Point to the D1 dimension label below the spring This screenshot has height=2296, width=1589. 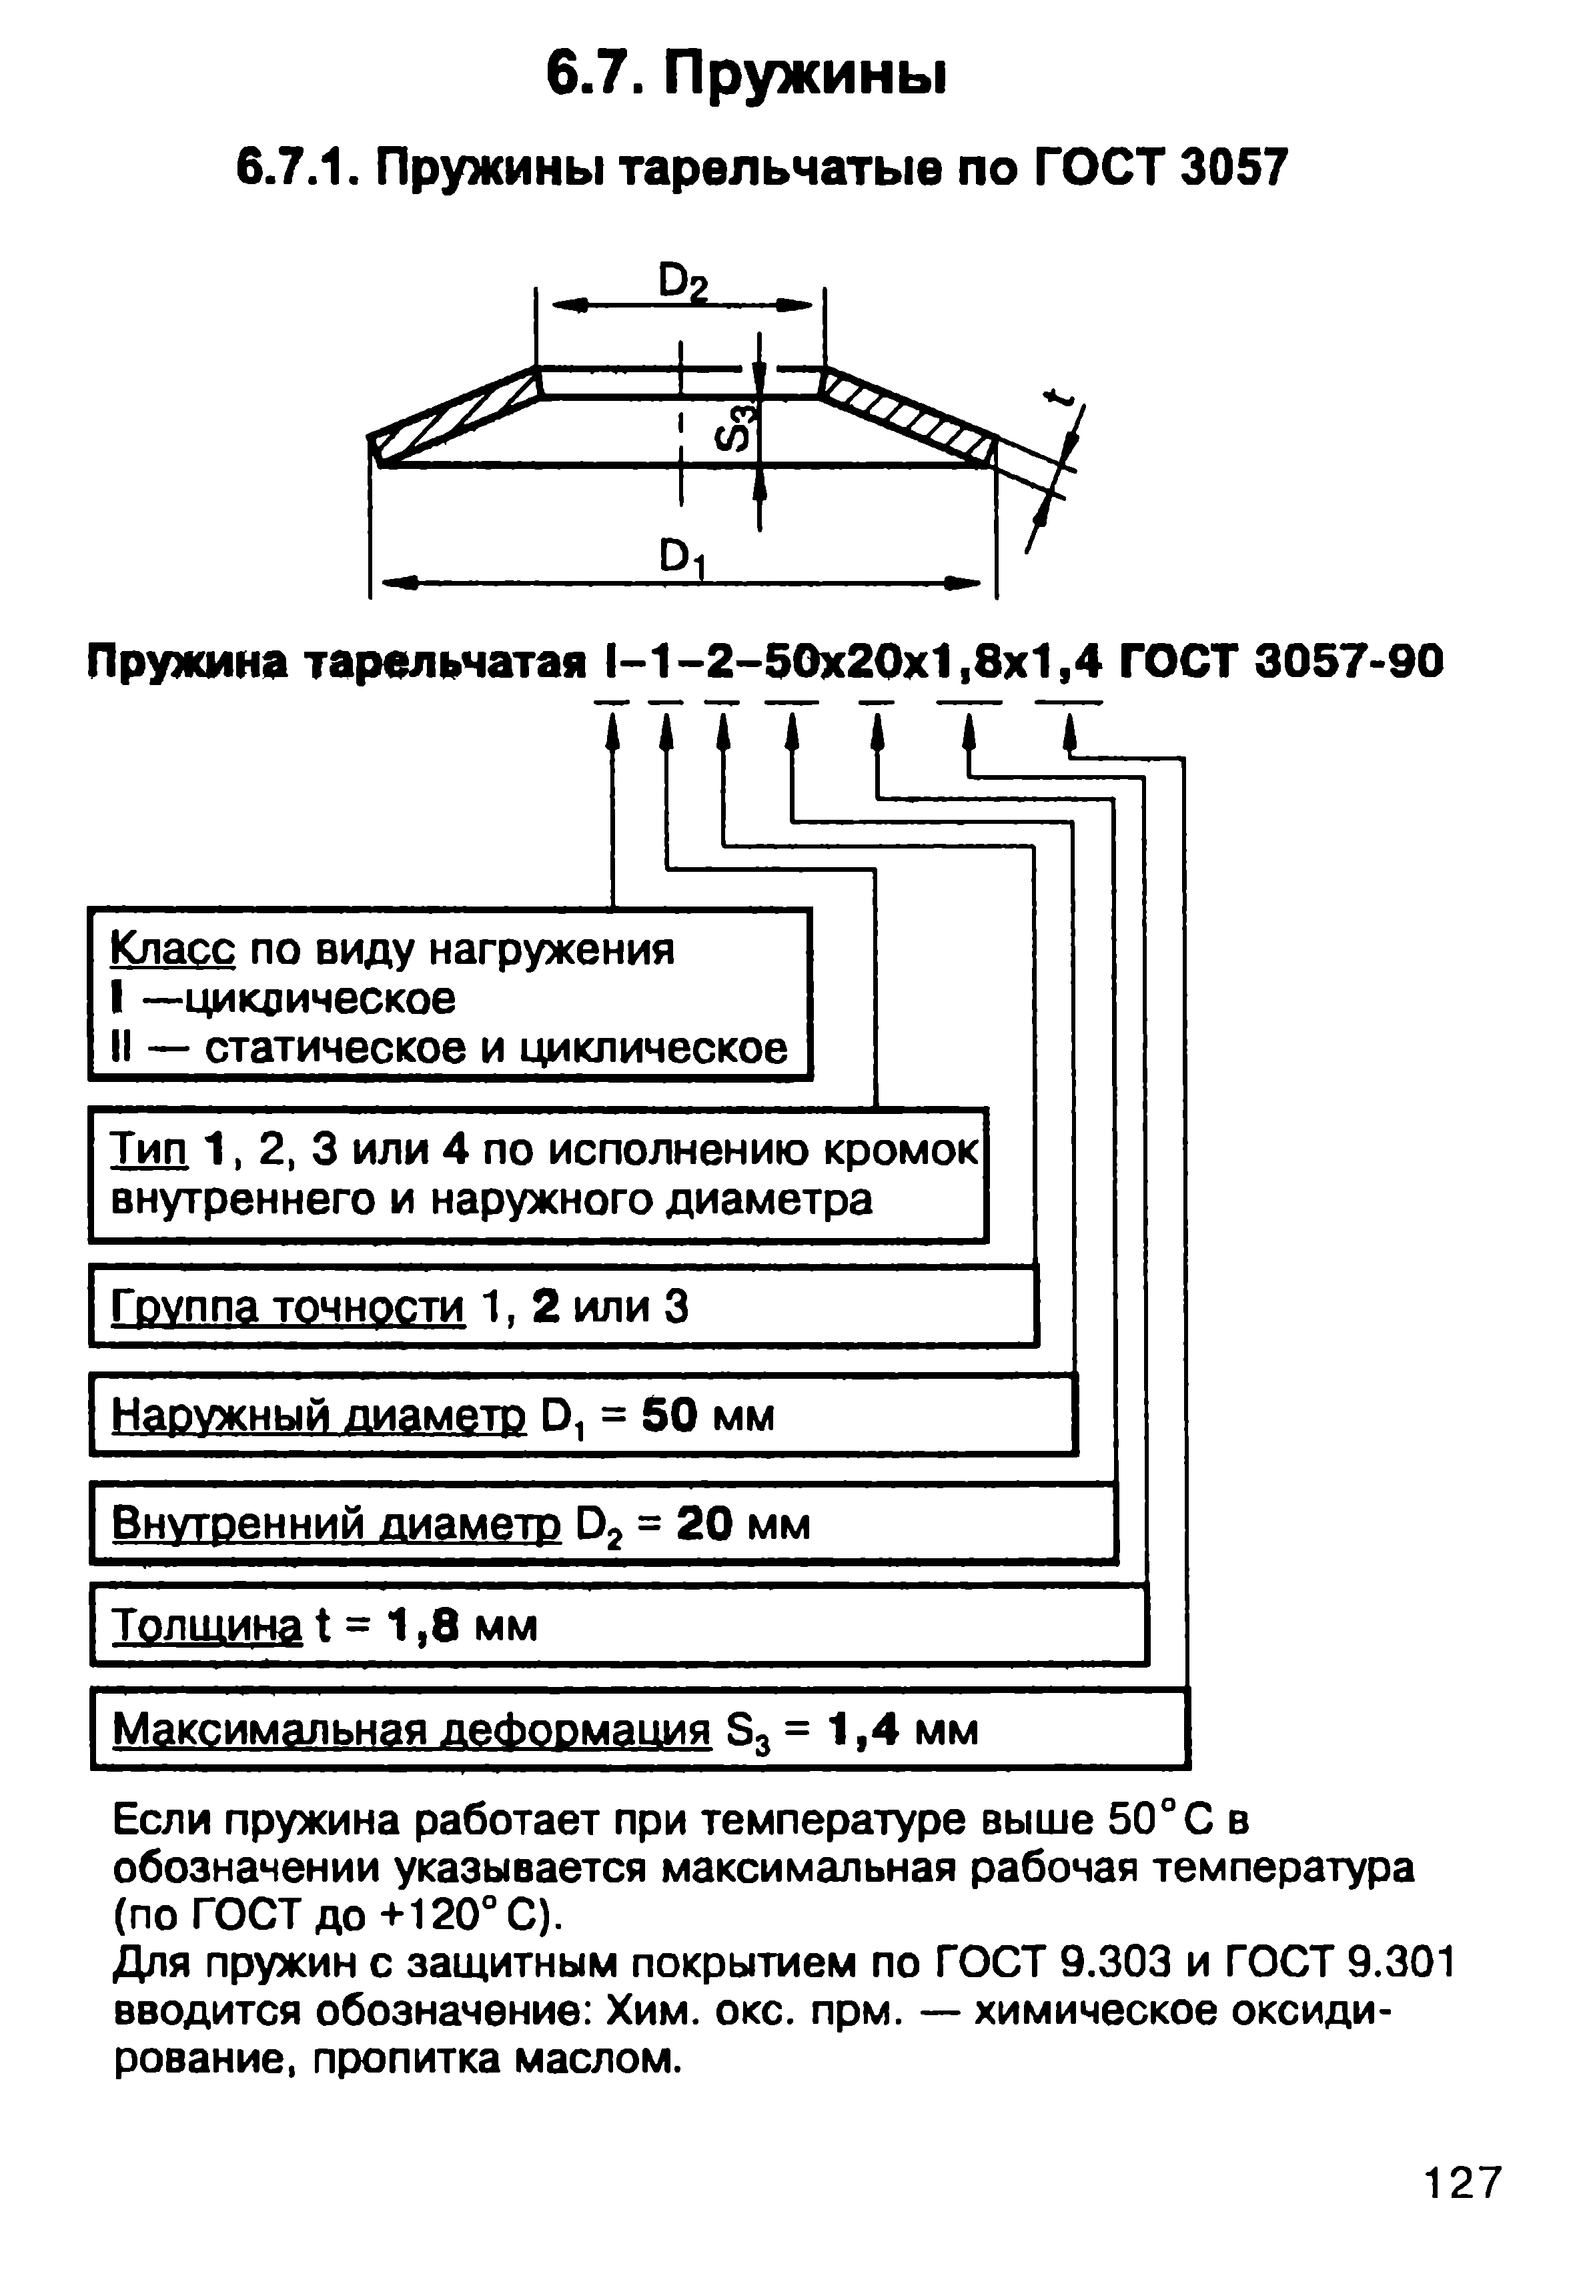[683, 558]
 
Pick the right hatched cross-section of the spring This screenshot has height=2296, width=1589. [908, 416]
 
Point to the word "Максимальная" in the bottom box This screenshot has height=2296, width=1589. [272, 1730]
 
